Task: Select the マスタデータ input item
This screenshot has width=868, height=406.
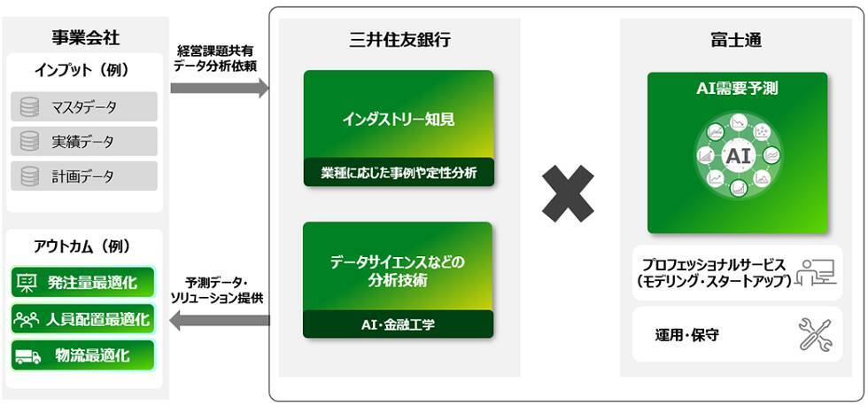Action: pyautogui.click(x=84, y=107)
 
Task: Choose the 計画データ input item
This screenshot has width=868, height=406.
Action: pyautogui.click(x=84, y=176)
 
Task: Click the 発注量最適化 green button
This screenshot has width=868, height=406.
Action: pyautogui.click(x=83, y=283)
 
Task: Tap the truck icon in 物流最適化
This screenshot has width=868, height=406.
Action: pyautogui.click(x=27, y=355)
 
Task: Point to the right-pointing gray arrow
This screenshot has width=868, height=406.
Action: pyautogui.click(x=219, y=88)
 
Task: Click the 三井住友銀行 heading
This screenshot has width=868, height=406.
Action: pyautogui.click(x=399, y=39)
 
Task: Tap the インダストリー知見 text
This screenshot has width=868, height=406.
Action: pyautogui.click(x=399, y=119)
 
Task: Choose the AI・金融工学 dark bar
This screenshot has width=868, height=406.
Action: pyautogui.click(x=399, y=324)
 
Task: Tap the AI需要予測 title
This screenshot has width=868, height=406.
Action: pyautogui.click(x=737, y=88)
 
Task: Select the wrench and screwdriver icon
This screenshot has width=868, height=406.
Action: pyautogui.click(x=816, y=334)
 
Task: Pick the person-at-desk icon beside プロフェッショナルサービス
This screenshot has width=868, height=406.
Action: pyautogui.click(x=816, y=272)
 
